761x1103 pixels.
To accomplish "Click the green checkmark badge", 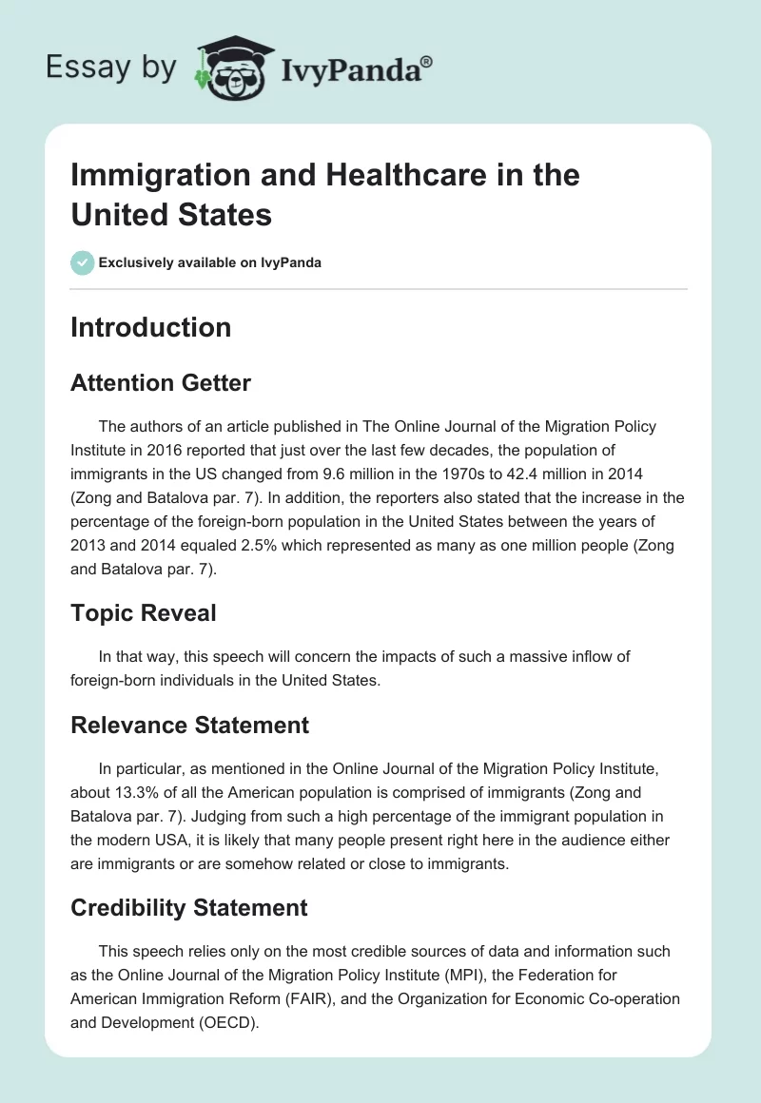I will point(83,262).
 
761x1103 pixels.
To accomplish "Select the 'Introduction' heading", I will point(150,327).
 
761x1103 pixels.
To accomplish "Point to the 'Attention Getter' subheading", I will point(161,383).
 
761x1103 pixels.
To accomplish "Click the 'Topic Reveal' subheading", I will point(143,613).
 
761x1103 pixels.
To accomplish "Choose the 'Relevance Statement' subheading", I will point(189,726).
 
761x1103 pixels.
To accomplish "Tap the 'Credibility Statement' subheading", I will point(188,908).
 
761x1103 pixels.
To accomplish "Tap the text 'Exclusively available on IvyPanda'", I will point(210,262).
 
